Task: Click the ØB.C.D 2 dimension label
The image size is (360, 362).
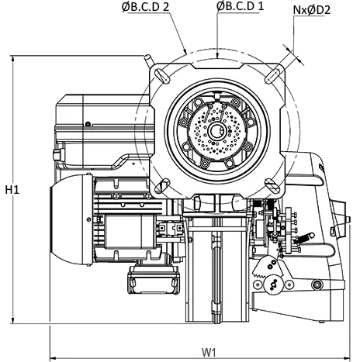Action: point(145,6)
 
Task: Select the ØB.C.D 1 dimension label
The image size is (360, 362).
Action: point(240,6)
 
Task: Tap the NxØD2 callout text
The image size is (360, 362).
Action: point(312,10)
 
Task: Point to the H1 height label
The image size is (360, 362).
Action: point(12,190)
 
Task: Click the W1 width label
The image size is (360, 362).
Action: point(209,352)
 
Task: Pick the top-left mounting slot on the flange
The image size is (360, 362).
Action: point(161,75)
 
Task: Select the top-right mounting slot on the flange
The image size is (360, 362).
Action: point(272,75)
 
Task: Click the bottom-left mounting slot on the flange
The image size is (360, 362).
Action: point(161,185)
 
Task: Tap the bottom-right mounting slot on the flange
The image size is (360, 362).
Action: point(272,185)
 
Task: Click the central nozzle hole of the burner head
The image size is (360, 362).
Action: point(216,131)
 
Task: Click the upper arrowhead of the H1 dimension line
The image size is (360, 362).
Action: point(12,59)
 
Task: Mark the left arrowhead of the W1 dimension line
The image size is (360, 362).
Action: point(54,358)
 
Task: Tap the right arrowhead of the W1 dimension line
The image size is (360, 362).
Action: point(347,358)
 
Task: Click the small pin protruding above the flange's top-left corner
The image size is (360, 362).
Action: point(149,60)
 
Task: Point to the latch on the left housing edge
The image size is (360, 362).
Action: point(58,155)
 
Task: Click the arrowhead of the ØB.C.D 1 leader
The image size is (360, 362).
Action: point(217,55)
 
